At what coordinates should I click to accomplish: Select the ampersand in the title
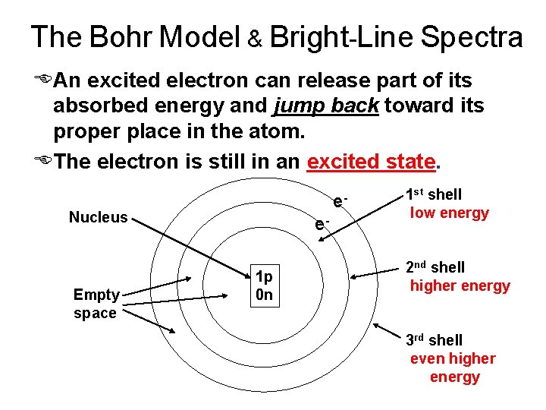pyautogui.click(x=254, y=39)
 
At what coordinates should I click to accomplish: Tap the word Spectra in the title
pyautogui.click(x=471, y=36)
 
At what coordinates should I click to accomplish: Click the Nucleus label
pyautogui.click(x=99, y=218)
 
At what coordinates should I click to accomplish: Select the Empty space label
pyautogui.click(x=96, y=304)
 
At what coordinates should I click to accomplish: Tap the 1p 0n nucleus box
pyautogui.click(x=265, y=285)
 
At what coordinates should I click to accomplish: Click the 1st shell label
pyautogui.click(x=433, y=194)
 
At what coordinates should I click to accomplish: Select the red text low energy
pyautogui.click(x=449, y=213)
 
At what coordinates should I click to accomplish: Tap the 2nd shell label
pyautogui.click(x=435, y=267)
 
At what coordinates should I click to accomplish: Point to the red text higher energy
pyautogui.click(x=460, y=286)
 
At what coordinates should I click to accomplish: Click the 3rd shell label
pyautogui.click(x=433, y=340)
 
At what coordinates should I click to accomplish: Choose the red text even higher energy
pyautogui.click(x=453, y=367)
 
